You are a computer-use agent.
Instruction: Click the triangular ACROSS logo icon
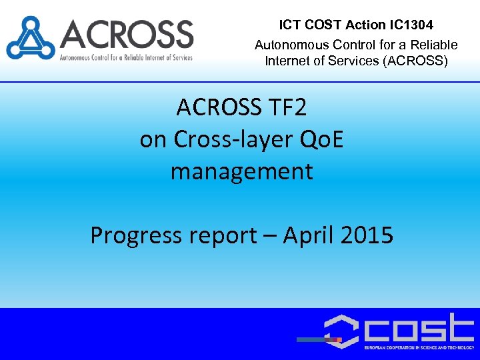[31, 38]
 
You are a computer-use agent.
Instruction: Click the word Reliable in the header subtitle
[434, 45]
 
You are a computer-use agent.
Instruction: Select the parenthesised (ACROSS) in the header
[416, 61]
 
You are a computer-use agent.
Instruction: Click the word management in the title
[241, 171]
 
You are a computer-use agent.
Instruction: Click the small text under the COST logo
[418, 348]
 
